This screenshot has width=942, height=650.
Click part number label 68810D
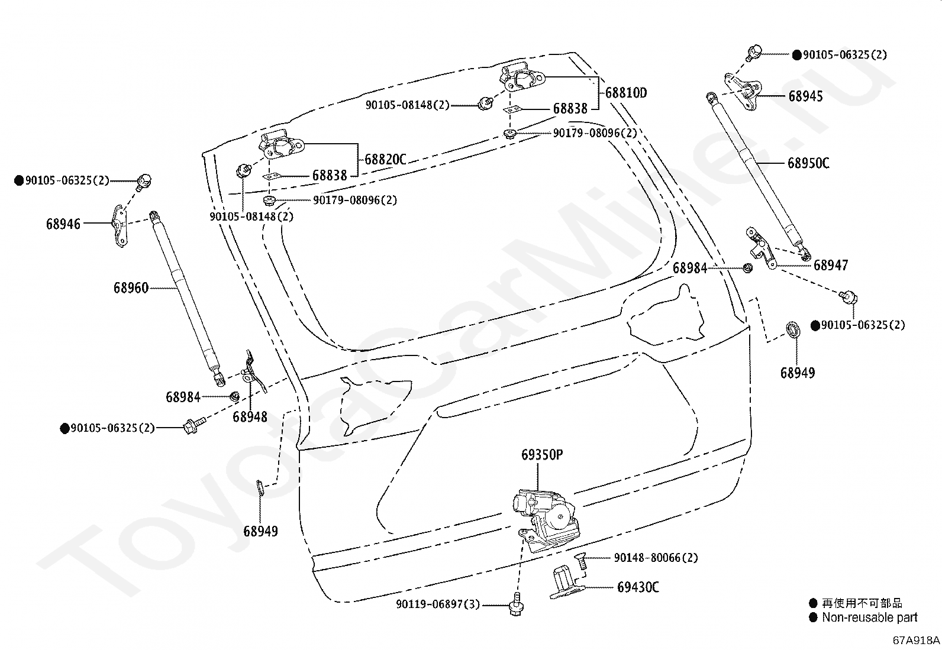pos(626,92)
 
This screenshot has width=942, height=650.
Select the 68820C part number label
pos(385,159)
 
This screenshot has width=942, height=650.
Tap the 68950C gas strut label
pos(808,163)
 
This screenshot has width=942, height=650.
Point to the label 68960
pos(131,288)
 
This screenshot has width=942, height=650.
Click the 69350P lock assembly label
pos(542,454)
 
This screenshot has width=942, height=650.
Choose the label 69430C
pos(638,587)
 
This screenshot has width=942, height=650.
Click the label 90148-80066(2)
pos(656,558)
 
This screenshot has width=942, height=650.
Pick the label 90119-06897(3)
pos(438,604)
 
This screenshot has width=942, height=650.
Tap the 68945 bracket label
pos(805,96)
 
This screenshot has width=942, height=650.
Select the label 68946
pos(63,224)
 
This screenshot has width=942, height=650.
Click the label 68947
pos(831,265)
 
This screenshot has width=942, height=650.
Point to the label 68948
pos(250,416)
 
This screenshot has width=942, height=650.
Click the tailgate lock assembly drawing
pos(546,520)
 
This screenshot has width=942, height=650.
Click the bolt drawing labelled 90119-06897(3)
pos(517,604)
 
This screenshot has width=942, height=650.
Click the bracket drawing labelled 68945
pos(743,91)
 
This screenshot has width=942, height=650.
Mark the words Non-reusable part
pos(870,617)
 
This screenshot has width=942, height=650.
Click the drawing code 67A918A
pos(916,640)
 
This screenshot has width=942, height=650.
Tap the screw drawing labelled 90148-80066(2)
pos(581,562)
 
